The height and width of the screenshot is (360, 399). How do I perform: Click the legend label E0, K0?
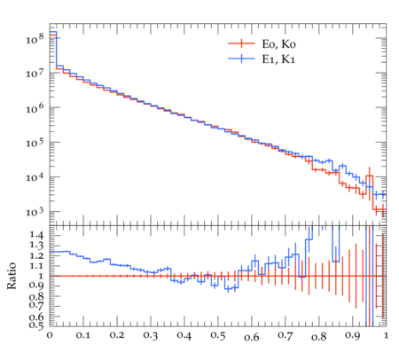point(278,44)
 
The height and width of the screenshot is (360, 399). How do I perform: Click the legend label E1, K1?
point(278,59)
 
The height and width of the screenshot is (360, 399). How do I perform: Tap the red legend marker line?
point(241,43)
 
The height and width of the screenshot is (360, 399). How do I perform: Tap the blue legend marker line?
point(241,59)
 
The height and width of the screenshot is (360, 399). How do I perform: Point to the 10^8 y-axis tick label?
point(35,38)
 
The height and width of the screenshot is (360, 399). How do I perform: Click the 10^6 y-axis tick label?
point(35,108)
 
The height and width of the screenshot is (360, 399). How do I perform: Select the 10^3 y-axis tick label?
point(35,212)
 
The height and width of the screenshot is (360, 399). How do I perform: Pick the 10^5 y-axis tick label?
point(35,143)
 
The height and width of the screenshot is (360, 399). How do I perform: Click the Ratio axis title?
point(12,276)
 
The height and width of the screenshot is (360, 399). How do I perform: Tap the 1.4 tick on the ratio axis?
point(36,236)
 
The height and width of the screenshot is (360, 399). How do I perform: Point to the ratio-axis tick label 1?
point(41,276)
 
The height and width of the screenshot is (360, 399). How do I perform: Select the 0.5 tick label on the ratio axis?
point(36,325)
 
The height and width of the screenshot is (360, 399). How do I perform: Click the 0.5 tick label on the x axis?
point(218,336)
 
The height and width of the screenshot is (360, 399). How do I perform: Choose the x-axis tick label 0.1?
point(83,336)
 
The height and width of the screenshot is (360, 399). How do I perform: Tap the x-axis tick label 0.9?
point(353,336)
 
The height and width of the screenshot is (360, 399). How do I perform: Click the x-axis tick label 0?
point(50,336)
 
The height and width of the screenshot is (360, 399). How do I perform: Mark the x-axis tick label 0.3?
point(151,336)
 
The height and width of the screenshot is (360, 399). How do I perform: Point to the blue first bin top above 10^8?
point(53,32)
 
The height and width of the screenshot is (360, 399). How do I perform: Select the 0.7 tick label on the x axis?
point(286,336)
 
